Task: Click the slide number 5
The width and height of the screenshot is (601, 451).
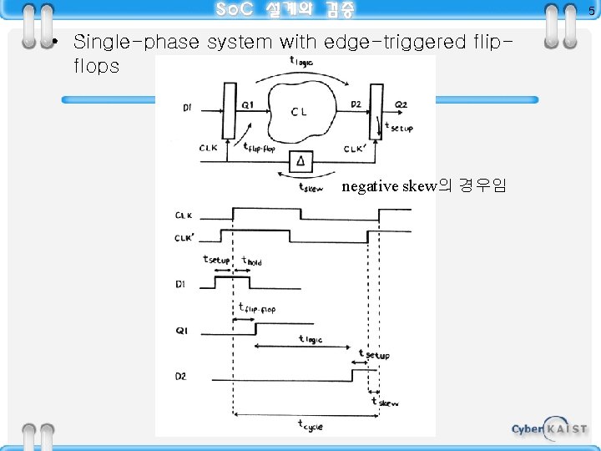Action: point(592,11)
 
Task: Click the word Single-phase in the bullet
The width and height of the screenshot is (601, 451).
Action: point(121,41)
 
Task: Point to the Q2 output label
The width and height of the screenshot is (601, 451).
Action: point(401,104)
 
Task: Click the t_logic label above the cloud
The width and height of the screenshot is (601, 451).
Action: point(300,61)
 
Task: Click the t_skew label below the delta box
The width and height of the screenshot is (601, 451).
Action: point(311,187)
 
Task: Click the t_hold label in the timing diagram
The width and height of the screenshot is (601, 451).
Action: point(251,261)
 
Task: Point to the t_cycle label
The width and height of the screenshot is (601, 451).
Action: point(311,425)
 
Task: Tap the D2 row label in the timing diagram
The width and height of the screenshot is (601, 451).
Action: point(181,376)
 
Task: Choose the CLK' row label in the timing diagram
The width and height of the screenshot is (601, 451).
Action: point(185,238)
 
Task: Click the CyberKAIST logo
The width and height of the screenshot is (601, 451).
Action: point(548,428)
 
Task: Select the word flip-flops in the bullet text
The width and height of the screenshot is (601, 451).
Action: point(97,65)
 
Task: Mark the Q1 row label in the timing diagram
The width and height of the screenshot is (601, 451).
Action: point(181,331)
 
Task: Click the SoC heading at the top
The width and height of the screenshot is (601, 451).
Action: point(285,10)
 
